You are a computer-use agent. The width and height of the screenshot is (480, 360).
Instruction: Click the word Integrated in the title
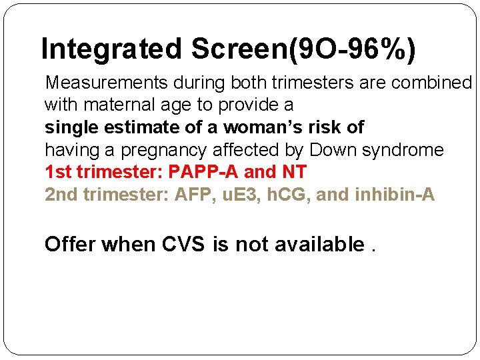111,50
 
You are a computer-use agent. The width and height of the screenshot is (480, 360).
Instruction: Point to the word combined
431,83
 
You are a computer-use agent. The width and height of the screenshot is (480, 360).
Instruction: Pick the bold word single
69,127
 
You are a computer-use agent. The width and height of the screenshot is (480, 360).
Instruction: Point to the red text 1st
58,172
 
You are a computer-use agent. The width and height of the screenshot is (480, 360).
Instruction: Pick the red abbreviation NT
294,172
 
